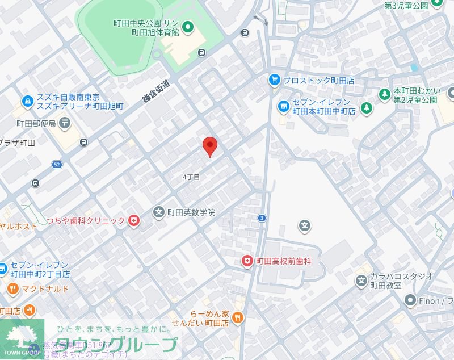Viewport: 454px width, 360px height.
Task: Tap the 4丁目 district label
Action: [191, 177]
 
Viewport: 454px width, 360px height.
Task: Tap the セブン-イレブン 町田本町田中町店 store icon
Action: [283, 106]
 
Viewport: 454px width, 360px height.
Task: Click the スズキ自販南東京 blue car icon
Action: [27, 102]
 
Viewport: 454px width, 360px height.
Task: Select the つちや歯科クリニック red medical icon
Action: [134, 220]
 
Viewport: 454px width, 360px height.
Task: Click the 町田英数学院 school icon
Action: [159, 212]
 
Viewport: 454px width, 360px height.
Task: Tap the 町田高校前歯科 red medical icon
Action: [247, 261]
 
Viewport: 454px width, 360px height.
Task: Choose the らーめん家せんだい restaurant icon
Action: [238, 318]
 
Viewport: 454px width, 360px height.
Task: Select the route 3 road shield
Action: [262, 217]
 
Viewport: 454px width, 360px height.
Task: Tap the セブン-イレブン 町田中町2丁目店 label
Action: [40, 269]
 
